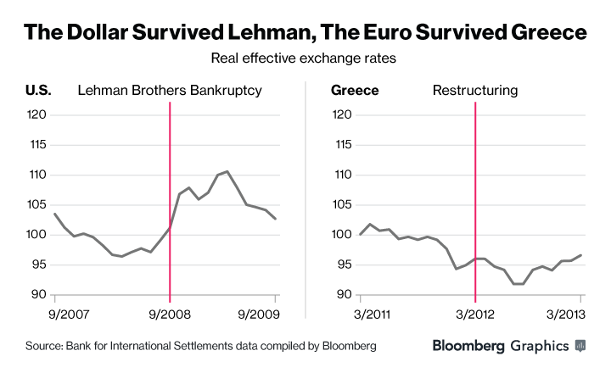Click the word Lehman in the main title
[x=258, y=32]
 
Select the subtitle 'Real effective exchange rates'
[x=305, y=59]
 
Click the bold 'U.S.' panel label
[x=40, y=90]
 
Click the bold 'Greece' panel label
[x=354, y=90]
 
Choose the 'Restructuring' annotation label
[x=475, y=90]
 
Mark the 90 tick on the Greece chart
[x=345, y=294]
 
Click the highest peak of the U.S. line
[x=227, y=171]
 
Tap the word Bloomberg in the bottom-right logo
[x=468, y=346]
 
